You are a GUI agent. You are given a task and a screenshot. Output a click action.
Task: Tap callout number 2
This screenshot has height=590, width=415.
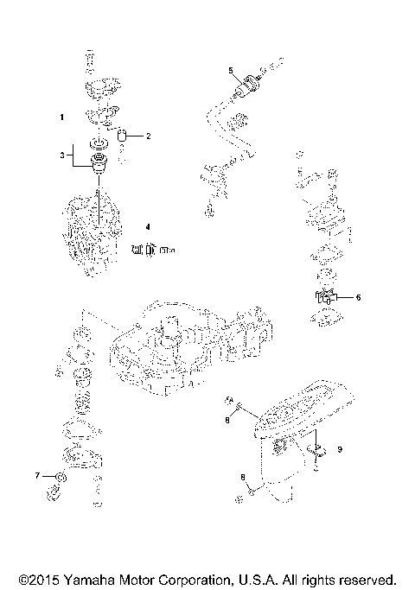(x=148, y=136)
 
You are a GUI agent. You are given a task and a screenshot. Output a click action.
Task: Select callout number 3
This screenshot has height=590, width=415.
(x=61, y=155)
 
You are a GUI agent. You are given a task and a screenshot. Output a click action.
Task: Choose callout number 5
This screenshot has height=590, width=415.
(x=230, y=68)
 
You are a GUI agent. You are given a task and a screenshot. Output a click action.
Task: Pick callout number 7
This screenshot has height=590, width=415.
(x=37, y=476)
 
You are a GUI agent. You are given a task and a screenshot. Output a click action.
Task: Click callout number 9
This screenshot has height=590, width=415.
(x=340, y=448)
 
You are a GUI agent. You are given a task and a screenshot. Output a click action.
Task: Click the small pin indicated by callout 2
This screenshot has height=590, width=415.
(x=123, y=135)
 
